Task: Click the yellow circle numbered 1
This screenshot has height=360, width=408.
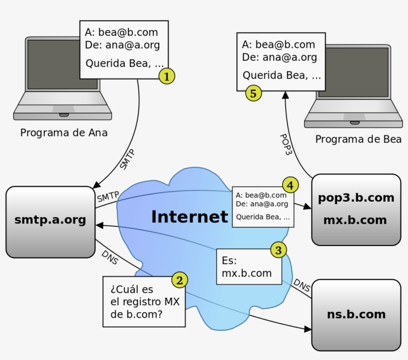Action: (x=167, y=76)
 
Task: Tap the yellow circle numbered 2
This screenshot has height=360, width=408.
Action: (x=180, y=280)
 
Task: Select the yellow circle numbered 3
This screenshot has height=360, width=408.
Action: (x=278, y=250)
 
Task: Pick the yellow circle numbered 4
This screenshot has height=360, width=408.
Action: (x=291, y=186)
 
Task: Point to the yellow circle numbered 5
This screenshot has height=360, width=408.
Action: (x=253, y=93)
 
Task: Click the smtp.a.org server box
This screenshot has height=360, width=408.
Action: (x=50, y=222)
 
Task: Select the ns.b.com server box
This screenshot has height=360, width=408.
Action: (x=356, y=315)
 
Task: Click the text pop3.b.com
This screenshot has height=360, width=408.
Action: (x=356, y=198)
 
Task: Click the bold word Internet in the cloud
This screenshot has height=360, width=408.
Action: (x=189, y=217)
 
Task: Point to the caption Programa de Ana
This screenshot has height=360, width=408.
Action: (x=64, y=133)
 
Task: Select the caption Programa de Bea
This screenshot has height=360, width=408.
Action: (x=358, y=139)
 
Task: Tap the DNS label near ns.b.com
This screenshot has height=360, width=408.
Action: (x=301, y=285)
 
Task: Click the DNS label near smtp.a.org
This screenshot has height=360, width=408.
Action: (x=109, y=257)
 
